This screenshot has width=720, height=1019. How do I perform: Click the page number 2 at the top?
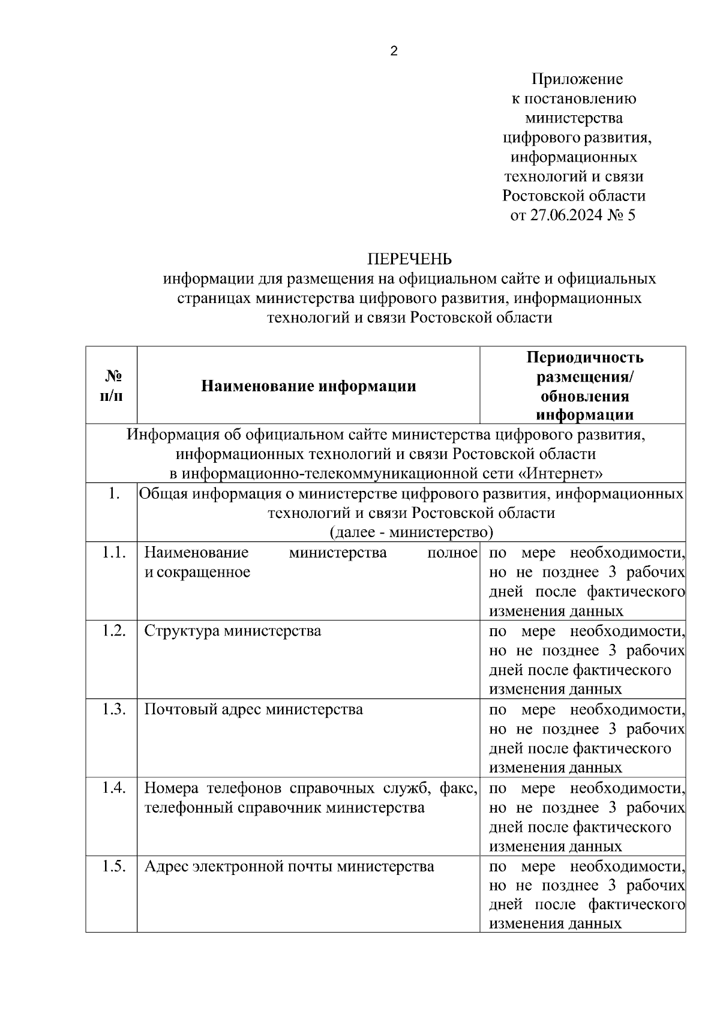(x=394, y=52)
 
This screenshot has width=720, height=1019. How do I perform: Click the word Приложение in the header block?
(x=577, y=79)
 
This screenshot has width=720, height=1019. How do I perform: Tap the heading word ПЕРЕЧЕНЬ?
(x=410, y=259)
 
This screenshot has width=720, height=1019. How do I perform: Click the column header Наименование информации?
(x=308, y=386)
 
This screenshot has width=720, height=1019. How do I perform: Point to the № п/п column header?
(x=112, y=386)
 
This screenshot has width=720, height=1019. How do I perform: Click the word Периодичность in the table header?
(x=584, y=358)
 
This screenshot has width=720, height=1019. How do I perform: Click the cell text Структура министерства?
(x=233, y=631)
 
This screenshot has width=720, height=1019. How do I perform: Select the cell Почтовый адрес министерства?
(x=253, y=710)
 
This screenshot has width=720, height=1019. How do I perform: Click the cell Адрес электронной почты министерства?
(x=289, y=867)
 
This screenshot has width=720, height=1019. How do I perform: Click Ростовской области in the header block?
(x=574, y=196)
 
